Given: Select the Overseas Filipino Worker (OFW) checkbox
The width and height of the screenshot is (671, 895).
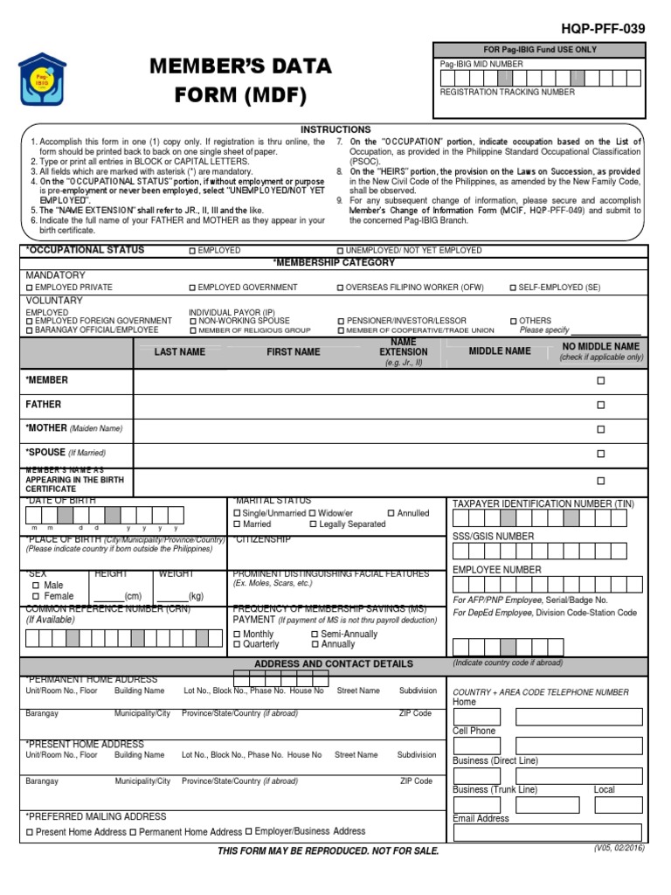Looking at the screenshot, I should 341,288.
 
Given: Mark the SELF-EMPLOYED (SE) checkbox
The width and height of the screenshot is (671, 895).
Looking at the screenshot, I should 513,288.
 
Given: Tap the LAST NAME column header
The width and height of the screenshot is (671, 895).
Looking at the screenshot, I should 180,351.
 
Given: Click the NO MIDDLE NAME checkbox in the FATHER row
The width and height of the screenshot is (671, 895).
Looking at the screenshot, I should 600,406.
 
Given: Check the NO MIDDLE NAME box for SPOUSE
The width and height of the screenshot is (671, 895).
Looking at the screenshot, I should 600,454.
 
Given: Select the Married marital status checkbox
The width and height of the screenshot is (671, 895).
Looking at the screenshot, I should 237,524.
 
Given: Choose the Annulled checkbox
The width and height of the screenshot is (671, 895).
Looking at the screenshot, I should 391,513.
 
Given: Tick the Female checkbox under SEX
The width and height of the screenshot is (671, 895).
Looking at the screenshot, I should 36,596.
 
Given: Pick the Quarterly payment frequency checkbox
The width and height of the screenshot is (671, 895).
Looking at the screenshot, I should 237,644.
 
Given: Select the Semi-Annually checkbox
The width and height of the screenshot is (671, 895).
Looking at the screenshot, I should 315,634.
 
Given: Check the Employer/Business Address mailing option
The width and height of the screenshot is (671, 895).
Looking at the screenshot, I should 249,831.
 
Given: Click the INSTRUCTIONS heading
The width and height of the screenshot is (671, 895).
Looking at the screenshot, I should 335,129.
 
